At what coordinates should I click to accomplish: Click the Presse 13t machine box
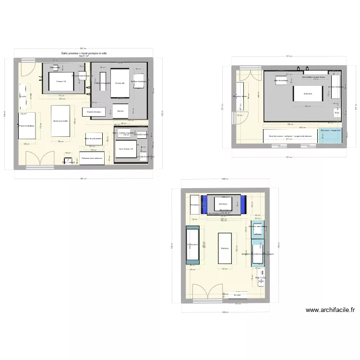pyautogui.click(x=60, y=82)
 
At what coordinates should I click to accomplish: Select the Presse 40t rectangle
pyautogui.click(x=120, y=83)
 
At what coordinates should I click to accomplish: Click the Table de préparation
pyautogui.click(x=94, y=138)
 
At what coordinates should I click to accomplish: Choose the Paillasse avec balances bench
pyautogui.click(x=92, y=158)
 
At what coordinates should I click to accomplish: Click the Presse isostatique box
pyautogui.click(x=27, y=126)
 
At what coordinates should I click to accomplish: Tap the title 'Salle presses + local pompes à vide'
pyautogui.click(x=84, y=53)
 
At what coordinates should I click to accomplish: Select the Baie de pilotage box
pyautogui.click(x=281, y=81)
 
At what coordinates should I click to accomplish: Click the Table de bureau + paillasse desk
pyautogui.click(x=290, y=136)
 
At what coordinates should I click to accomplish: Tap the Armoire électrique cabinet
pyautogui.click(x=336, y=87)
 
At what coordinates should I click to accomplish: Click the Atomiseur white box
pyautogui.click(x=223, y=204)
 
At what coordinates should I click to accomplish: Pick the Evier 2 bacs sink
pyautogui.click(x=261, y=277)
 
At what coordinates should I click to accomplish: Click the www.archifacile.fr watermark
pyautogui.click(x=330, y=310)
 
